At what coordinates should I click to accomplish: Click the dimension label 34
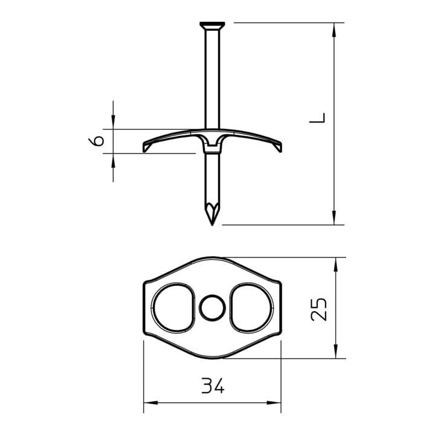pos(213,385)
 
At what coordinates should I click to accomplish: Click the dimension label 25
pos(319,309)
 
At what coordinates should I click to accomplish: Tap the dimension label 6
pos(96,141)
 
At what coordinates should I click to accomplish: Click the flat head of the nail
pos(212,25)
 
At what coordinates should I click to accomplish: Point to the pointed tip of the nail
pos(212,225)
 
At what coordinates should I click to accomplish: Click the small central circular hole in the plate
pos(212,308)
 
